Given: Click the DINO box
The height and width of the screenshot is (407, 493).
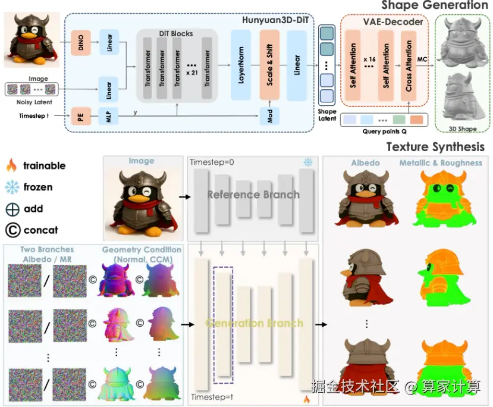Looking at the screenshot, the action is click(x=81, y=43).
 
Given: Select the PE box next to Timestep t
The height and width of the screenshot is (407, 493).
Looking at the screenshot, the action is click(x=81, y=116).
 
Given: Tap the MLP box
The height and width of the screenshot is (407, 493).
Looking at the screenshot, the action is click(x=108, y=116).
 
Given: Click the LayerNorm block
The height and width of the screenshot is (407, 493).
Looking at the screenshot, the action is click(x=241, y=65).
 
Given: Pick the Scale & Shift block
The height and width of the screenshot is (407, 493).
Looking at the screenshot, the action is click(x=269, y=65).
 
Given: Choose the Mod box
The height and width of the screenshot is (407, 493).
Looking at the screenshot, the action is click(x=269, y=116).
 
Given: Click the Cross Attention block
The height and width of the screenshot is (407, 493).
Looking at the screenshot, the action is click(x=409, y=65).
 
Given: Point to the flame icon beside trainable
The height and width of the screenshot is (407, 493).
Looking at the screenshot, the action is click(x=12, y=165).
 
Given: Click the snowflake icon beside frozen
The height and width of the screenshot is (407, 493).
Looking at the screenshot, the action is click(x=12, y=187).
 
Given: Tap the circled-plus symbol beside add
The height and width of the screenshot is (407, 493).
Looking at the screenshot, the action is click(x=12, y=209).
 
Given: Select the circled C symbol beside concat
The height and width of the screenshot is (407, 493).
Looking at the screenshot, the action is click(x=13, y=230).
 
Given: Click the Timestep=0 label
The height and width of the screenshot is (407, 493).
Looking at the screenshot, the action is click(x=212, y=162).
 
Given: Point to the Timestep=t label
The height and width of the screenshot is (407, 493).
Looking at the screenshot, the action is click(x=212, y=397).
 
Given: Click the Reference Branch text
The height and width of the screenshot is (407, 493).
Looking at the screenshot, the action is click(x=253, y=195).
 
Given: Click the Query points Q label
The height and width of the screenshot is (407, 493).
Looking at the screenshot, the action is click(x=384, y=132).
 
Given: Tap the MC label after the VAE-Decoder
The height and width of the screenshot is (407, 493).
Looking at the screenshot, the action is click(x=422, y=59).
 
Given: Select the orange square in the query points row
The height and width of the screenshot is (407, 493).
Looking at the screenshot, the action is click(x=417, y=120).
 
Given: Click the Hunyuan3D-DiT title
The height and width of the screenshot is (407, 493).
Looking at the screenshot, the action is click(x=275, y=20).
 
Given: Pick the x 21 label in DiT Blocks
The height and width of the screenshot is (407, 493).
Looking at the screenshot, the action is click(x=192, y=73).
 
